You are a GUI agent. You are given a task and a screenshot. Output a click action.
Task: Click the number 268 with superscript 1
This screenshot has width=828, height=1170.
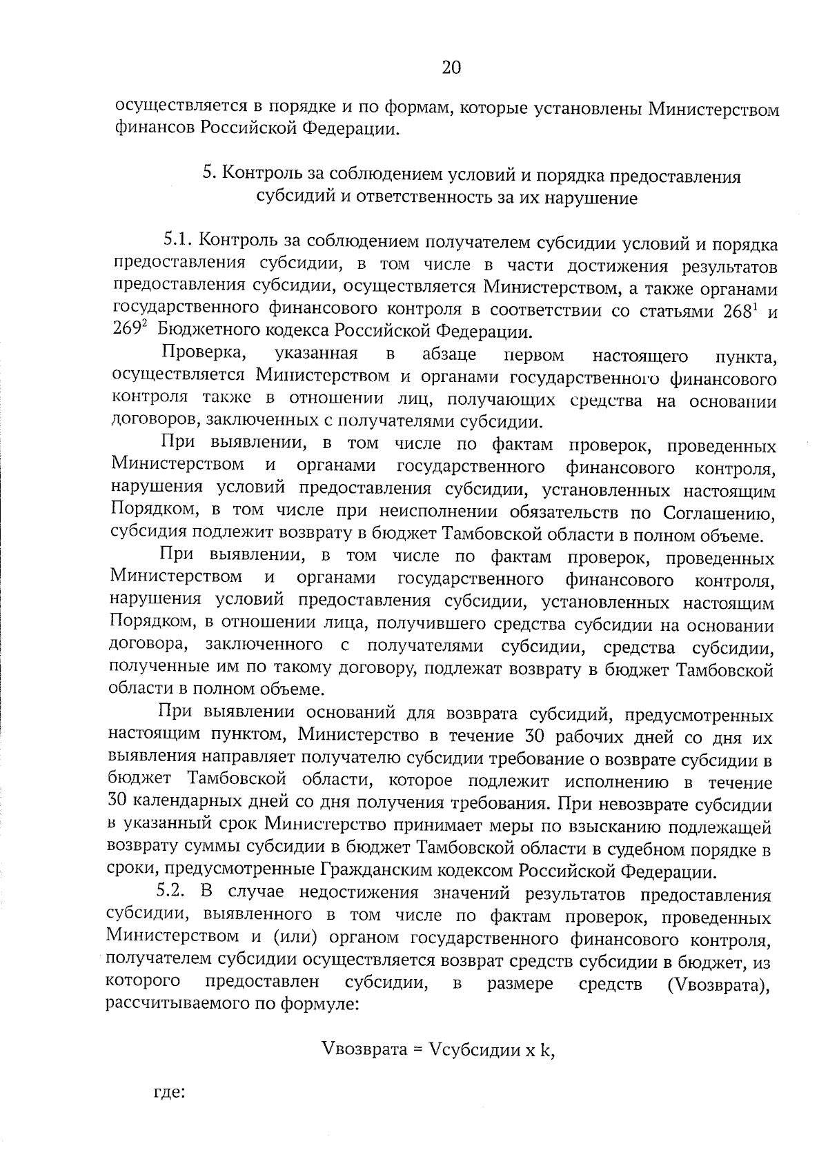pos(740,311)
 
